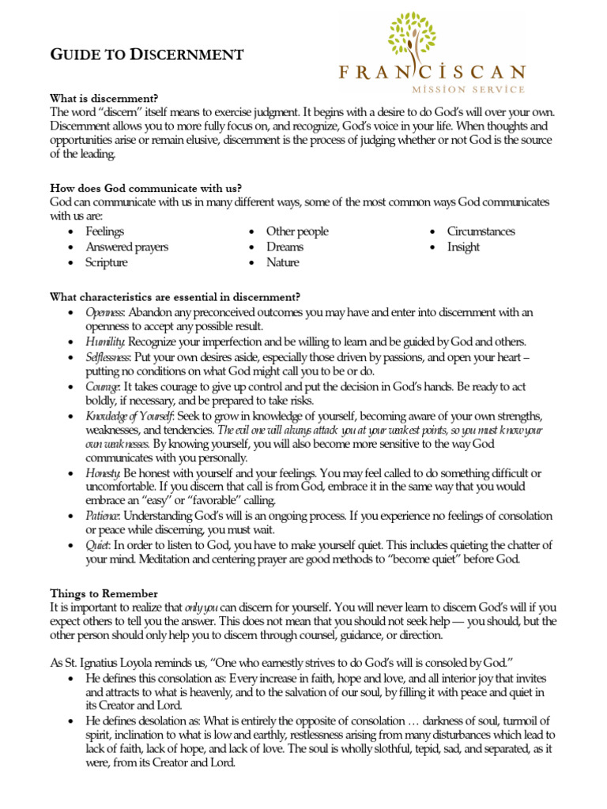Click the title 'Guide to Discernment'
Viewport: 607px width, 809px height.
[x=146, y=55]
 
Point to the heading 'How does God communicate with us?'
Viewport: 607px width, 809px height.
[x=145, y=188]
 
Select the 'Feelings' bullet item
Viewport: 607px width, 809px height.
[x=104, y=231]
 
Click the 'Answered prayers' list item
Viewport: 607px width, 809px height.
[x=126, y=247]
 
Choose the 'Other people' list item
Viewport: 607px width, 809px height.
[x=296, y=231]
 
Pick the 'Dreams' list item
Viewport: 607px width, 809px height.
[x=285, y=247]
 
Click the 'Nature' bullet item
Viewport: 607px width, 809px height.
[x=282, y=263]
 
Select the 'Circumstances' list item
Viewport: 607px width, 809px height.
[x=481, y=231]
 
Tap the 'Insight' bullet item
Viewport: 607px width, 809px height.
[x=463, y=247]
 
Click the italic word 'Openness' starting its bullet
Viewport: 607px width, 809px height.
[x=105, y=313]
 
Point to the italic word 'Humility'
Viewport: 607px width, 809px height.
[x=104, y=342]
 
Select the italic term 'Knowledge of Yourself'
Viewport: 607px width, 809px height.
[x=130, y=416]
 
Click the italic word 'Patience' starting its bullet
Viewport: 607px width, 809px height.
[x=103, y=516]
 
